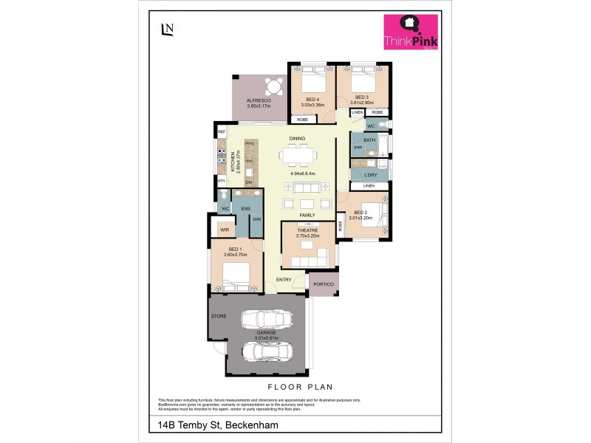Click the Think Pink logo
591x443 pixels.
(410, 32)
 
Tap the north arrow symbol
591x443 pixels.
(167, 29)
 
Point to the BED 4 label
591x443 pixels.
(312, 99)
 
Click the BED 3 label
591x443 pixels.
(361, 97)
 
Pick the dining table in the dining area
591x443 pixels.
(298, 156)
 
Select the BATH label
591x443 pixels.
(369, 140)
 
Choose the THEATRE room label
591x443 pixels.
(307, 230)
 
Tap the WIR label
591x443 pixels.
(225, 230)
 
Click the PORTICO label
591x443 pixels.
(324, 284)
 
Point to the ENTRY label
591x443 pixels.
(284, 280)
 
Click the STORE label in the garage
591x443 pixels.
(219, 316)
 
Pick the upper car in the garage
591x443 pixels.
(267, 319)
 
